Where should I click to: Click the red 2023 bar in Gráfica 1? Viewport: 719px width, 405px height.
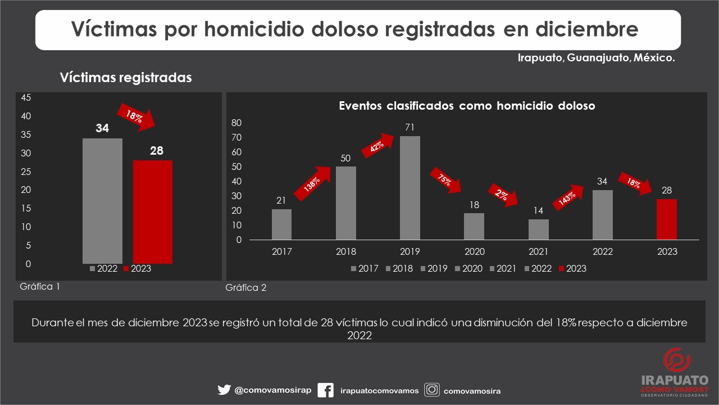point(152,211)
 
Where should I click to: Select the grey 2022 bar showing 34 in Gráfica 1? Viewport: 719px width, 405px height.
point(102,201)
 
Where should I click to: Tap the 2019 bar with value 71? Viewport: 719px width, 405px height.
point(409,188)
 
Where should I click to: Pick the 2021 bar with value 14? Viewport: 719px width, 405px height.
point(538,229)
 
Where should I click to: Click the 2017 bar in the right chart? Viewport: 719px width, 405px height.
point(281,224)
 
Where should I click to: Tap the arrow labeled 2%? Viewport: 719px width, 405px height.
point(503,195)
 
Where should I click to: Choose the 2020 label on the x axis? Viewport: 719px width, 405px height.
point(474,251)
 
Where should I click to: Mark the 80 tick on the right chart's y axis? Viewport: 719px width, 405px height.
point(236,123)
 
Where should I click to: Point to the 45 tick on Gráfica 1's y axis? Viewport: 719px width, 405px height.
point(26,97)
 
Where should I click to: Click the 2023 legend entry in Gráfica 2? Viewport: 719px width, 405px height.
point(572,269)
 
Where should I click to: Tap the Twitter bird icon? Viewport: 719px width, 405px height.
point(224,390)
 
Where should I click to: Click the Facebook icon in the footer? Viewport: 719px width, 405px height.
point(326,390)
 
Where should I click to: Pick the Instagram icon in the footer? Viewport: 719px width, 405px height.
point(431,390)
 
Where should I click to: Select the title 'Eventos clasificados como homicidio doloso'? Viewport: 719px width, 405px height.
point(467,106)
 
